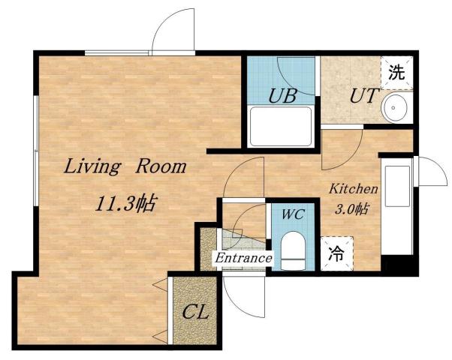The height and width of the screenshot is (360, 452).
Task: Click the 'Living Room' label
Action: tap(124, 166)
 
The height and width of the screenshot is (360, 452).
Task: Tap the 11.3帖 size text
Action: tap(124, 202)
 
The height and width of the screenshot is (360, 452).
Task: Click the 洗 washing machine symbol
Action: tap(396, 73)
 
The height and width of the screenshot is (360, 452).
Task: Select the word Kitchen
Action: tap(353, 190)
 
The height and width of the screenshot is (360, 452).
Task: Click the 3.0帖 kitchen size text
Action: tap(350, 209)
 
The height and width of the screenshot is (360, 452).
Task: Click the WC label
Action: tap(292, 214)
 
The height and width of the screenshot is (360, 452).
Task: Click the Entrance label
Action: tap(243, 259)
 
